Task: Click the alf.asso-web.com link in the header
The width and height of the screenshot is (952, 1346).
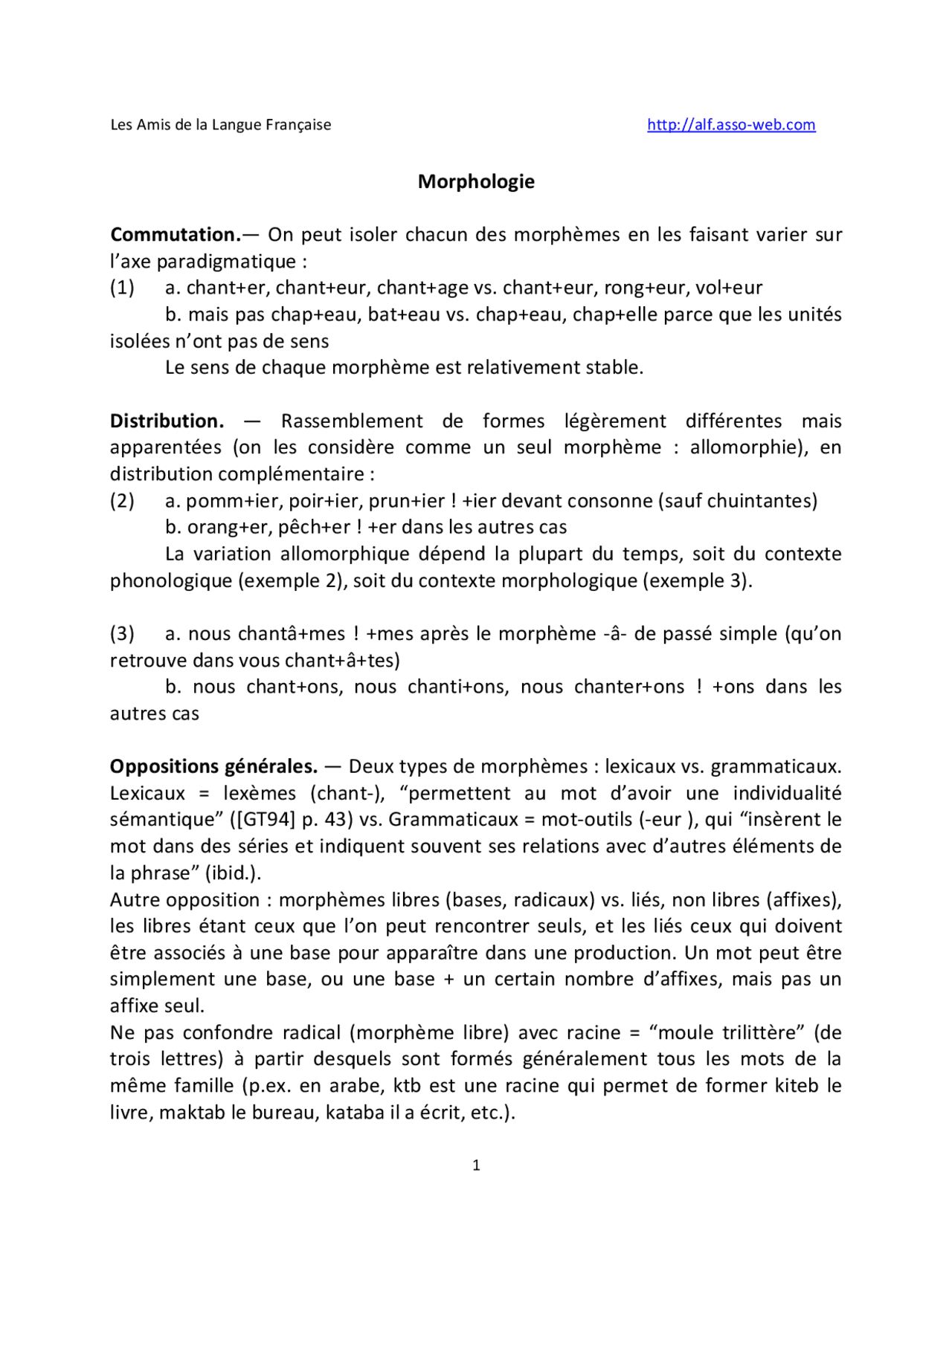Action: click(x=731, y=125)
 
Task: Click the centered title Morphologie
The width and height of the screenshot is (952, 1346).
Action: click(x=476, y=181)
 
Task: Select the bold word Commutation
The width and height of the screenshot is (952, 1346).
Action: click(x=174, y=235)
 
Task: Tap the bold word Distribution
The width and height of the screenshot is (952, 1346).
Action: click(x=167, y=421)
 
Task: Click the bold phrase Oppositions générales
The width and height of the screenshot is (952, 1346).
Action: click(x=213, y=767)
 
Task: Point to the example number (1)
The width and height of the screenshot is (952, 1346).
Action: click(x=122, y=288)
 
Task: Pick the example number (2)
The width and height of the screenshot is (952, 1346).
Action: click(x=122, y=501)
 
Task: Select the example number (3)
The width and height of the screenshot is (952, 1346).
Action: click(x=122, y=634)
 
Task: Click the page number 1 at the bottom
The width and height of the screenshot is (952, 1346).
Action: click(x=476, y=1165)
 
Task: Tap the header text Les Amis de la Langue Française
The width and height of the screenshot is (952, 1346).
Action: click(x=221, y=125)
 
